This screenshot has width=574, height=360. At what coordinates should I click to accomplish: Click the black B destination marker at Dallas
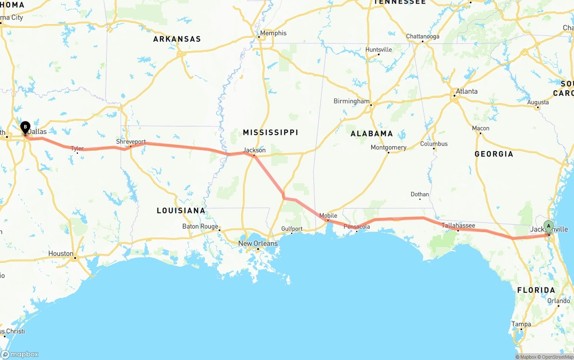(26, 127)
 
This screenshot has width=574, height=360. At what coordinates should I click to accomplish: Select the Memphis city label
(273, 33)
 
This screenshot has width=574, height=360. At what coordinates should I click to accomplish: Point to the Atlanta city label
(466, 91)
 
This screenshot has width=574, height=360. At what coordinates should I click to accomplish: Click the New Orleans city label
(258, 243)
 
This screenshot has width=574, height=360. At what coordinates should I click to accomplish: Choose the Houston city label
(61, 254)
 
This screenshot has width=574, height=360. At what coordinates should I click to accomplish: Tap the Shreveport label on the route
(131, 142)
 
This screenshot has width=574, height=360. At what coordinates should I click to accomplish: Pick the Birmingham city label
(352, 101)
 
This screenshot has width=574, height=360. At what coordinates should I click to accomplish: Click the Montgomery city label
(388, 147)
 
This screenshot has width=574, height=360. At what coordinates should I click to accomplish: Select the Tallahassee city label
(458, 226)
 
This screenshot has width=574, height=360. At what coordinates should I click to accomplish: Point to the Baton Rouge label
(200, 226)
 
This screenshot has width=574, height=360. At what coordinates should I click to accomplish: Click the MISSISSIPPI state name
(270, 132)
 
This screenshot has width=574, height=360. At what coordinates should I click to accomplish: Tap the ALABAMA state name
(372, 134)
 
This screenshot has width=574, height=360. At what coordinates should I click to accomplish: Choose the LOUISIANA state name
(181, 211)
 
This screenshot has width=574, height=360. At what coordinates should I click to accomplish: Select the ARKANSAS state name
(177, 39)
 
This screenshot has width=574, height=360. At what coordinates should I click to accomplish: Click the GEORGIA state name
(494, 154)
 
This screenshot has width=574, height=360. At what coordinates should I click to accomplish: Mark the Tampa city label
(521, 324)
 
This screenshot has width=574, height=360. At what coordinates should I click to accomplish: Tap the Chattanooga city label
(422, 36)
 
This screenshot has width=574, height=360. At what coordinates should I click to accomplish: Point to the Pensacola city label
(357, 227)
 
